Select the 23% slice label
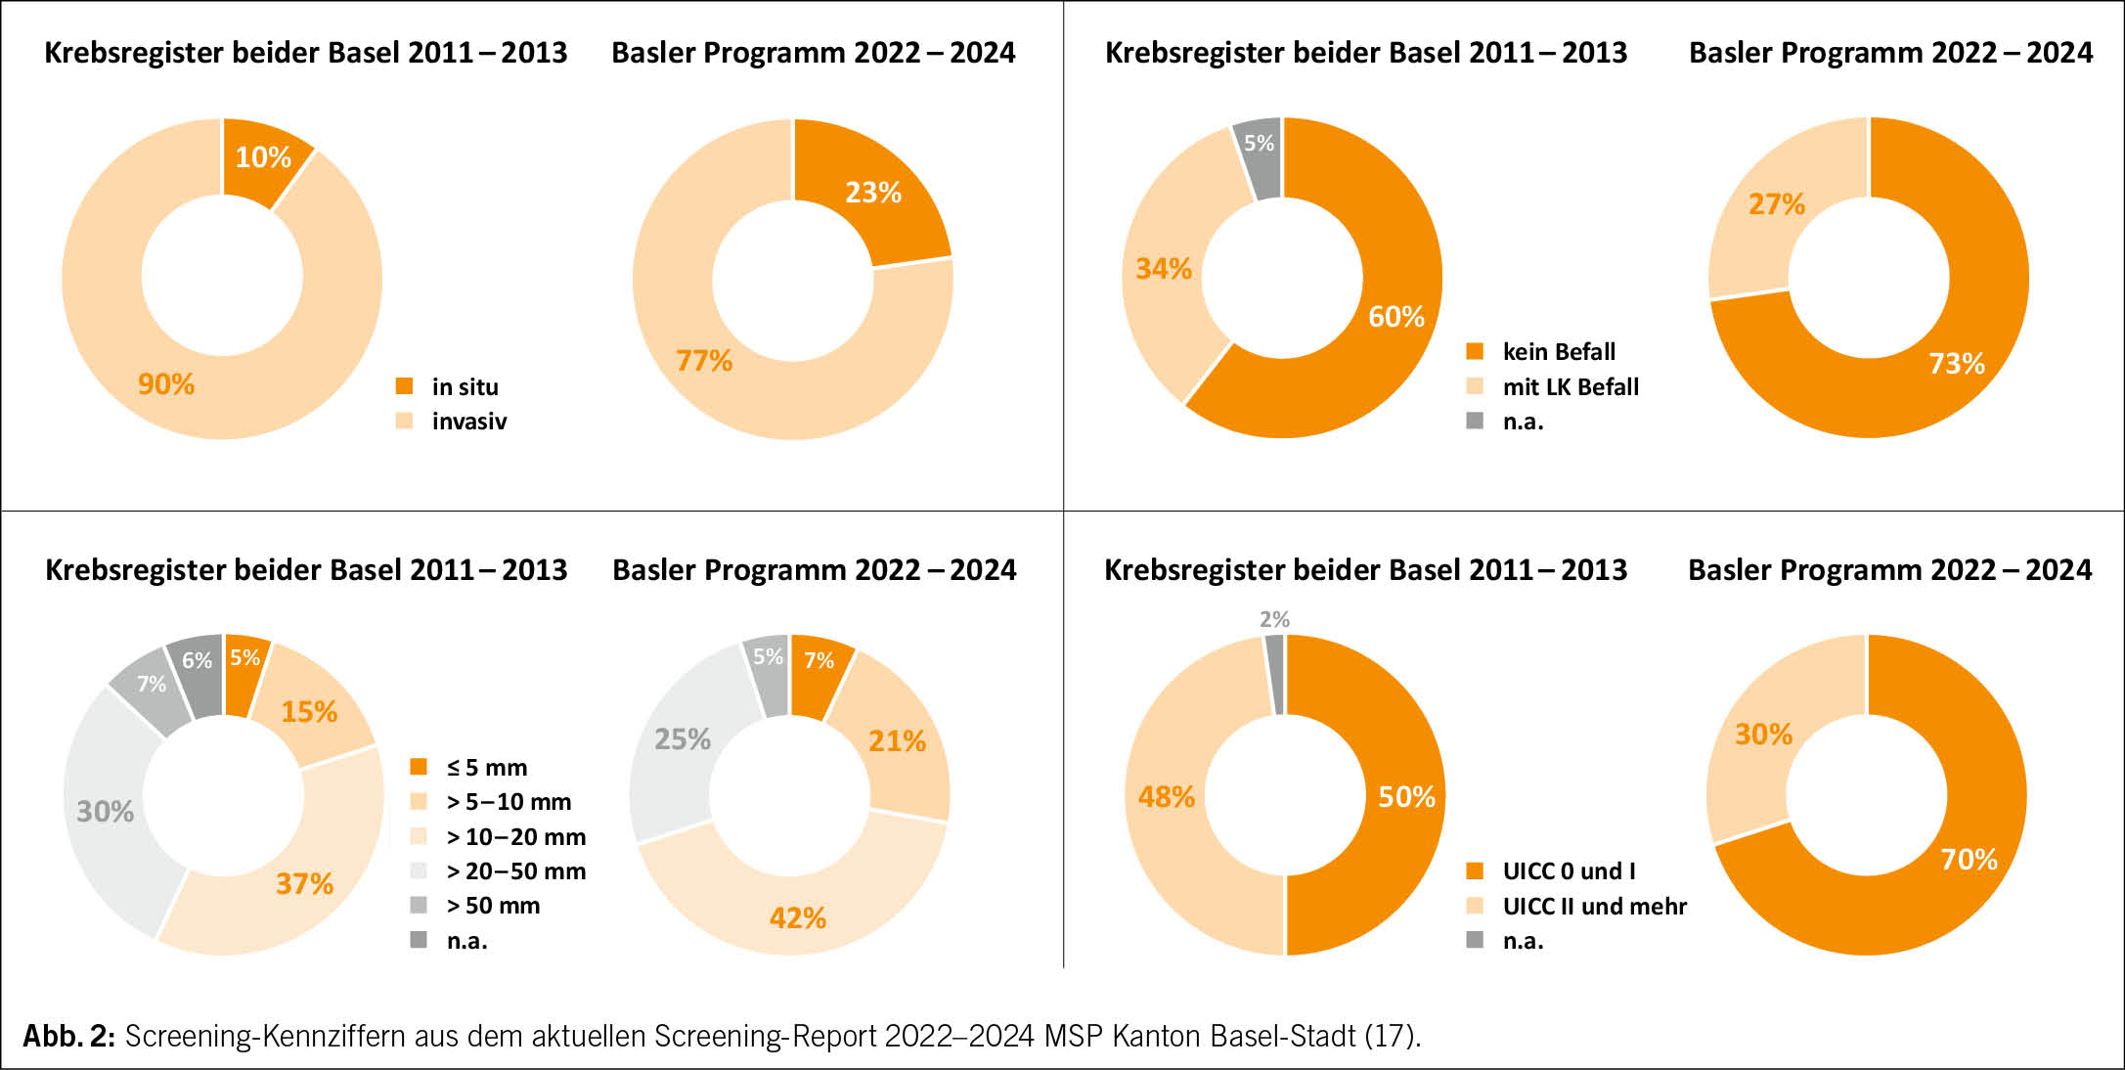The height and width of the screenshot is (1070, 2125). click(873, 193)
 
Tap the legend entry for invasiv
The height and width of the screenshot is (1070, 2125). click(468, 422)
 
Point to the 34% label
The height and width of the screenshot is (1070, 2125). click(1164, 269)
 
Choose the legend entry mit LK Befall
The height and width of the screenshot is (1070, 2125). click(1570, 387)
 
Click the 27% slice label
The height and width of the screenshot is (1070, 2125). click(1776, 204)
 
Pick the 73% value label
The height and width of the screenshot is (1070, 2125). click(1957, 364)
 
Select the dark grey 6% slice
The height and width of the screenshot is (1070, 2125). click(197, 673)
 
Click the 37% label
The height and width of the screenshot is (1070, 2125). click(304, 884)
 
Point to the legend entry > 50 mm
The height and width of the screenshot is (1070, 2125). click(493, 906)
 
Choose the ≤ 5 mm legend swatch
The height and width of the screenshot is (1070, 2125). click(419, 767)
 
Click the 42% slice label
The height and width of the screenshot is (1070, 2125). click(798, 918)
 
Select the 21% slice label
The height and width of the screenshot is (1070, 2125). click(897, 741)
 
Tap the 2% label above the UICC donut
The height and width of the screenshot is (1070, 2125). click(1274, 619)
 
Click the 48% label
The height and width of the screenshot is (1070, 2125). click(1166, 797)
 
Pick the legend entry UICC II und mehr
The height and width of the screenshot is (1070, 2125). click(1594, 907)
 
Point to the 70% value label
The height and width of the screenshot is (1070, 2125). click(1969, 860)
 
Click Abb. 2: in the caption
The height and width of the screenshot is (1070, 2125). click(69, 1036)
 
